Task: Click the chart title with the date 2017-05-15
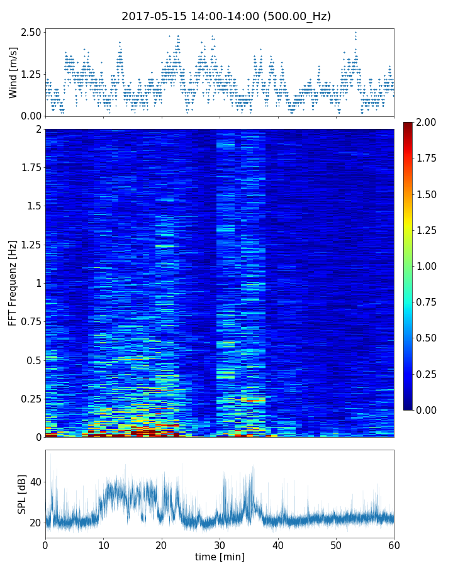[226, 16]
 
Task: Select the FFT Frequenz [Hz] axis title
[13, 282]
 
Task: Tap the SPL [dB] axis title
[22, 494]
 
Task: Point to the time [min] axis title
[220, 557]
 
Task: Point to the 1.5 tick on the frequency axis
[34, 206]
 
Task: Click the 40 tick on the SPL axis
[35, 482]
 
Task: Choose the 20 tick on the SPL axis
[35, 523]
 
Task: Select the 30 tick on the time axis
[220, 544]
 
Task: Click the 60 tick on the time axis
[394, 544]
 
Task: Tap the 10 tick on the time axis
[103, 544]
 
